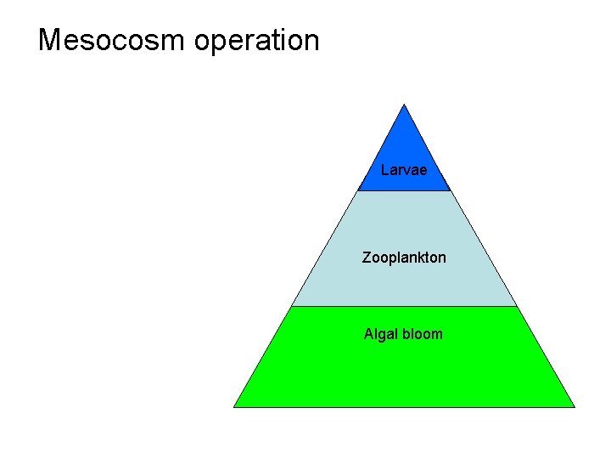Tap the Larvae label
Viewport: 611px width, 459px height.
pyautogui.click(x=404, y=170)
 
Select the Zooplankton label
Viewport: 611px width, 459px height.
pyautogui.click(x=404, y=257)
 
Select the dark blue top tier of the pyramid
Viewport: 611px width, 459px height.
pyautogui.click(x=404, y=144)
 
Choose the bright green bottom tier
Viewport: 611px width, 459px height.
pyautogui.click(x=404, y=374)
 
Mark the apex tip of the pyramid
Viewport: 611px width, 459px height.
pyautogui.click(x=405, y=105)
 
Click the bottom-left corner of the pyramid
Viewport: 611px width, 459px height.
pyautogui.click(x=234, y=406)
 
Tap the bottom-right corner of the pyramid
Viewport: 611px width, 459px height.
pyautogui.click(x=575, y=406)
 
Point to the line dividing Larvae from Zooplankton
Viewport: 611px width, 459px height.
pyautogui.click(x=404, y=191)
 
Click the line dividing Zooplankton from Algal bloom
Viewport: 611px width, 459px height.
pyautogui.click(x=404, y=306)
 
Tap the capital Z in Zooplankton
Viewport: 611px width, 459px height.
pyautogui.click(x=367, y=257)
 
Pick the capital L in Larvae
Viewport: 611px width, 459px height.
pyautogui.click(x=385, y=170)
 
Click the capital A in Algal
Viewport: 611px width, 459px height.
pyautogui.click(x=369, y=334)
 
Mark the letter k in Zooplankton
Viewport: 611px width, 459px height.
pyautogui.click(x=423, y=257)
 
